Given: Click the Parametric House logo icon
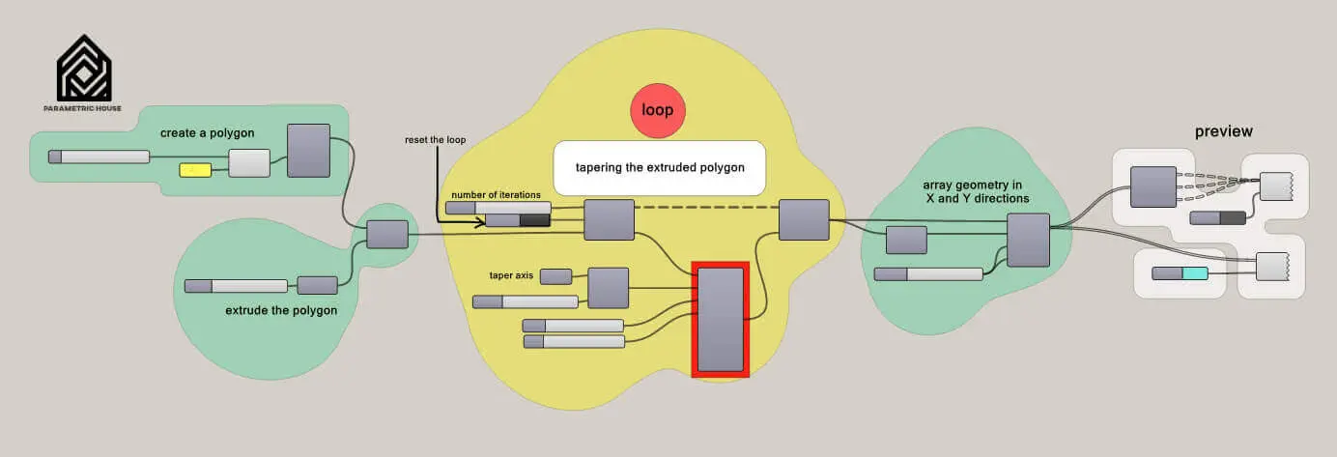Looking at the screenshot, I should coord(83,68).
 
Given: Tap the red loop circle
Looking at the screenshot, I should coord(657,111).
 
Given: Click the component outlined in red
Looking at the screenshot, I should coord(721,319).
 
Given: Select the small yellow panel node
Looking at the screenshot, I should coord(194,170).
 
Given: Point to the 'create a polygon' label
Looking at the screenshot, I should coord(208,132).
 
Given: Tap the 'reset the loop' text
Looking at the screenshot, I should coord(435,140).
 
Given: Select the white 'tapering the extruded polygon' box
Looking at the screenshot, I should coord(659,167).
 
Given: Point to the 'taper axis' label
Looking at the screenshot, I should coord(511,275).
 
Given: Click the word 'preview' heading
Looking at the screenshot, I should coord(1223,131).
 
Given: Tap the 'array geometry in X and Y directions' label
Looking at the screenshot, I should coord(975,190).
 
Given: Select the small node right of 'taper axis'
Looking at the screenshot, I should coord(555,276).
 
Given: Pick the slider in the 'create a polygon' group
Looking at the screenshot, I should coord(100,157).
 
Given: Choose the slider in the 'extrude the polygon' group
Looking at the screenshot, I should coord(236,286).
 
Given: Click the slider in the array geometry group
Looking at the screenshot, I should coord(928,274).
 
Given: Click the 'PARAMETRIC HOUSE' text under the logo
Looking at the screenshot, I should coord(83,108).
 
